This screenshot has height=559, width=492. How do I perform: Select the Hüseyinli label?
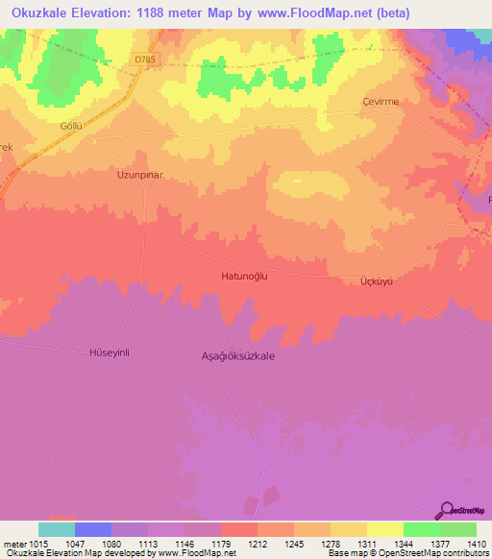(109, 352)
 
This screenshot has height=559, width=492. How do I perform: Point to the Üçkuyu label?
(377, 280)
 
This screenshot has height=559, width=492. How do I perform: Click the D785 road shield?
(144, 60)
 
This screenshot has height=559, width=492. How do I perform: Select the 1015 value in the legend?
(37, 543)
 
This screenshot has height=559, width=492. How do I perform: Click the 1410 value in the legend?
(475, 543)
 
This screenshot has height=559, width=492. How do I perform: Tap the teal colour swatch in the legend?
(56, 529)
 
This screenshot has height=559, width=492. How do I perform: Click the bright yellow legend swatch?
(384, 529)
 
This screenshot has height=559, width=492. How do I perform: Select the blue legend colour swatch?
(92, 529)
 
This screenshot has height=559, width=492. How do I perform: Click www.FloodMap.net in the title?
(327, 13)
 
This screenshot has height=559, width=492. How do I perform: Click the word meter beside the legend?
(12, 543)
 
